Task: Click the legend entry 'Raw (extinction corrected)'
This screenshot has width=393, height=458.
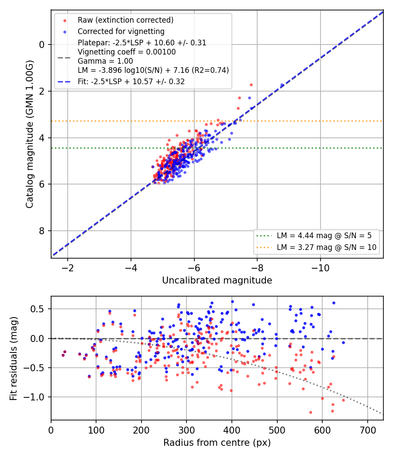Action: pos(125,20)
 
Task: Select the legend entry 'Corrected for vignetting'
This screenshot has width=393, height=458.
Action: pos(121,31)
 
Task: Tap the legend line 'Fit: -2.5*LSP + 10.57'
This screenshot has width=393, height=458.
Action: pos(131,82)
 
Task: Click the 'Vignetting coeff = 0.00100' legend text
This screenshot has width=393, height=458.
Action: pos(127,52)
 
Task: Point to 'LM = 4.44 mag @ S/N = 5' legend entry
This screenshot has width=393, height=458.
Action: pos(324,236)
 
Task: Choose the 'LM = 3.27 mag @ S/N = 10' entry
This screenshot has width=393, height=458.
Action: pos(326,247)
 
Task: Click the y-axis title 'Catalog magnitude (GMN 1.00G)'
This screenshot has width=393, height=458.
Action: pos(30,134)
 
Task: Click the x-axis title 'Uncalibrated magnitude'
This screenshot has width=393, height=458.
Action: pos(217,280)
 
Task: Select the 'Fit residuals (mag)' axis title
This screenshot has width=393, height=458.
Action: pos(14,359)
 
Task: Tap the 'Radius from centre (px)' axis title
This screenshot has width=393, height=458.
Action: pos(217,443)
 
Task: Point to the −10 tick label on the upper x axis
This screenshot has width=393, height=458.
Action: pos(320,268)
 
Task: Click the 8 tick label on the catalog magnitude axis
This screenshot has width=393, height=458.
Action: pos(42,231)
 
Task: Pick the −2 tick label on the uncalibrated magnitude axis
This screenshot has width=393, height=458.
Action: pos(68,268)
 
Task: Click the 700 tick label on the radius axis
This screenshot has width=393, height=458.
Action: pos(368,430)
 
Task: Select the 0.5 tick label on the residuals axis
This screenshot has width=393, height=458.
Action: pos(38,309)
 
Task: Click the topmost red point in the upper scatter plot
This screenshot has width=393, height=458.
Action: pos(251,85)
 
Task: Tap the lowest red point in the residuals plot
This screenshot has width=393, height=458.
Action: pos(310,413)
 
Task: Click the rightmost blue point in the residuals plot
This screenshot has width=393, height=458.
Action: pos(343,342)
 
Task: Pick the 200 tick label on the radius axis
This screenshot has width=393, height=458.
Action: pos(141,430)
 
